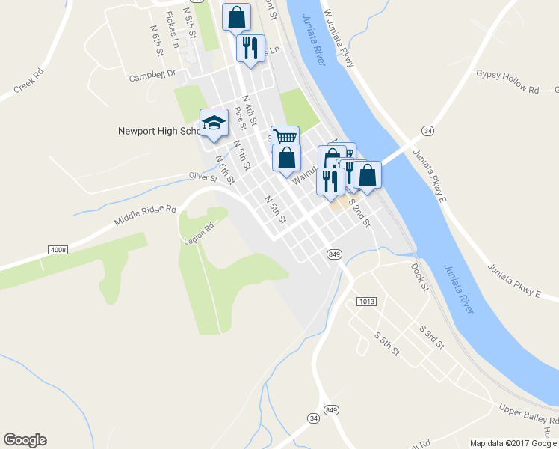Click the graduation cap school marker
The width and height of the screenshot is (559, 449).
(x=214, y=124)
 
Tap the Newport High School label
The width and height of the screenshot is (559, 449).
(x=158, y=131)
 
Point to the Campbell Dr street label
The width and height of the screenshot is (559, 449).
(x=152, y=76)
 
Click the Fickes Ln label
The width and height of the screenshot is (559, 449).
(x=173, y=28)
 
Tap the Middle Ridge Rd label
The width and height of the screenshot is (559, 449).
(x=145, y=218)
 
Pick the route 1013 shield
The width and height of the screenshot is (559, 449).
(x=365, y=301)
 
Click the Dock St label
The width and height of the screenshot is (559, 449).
(x=419, y=276)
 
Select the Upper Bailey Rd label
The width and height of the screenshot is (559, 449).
(x=527, y=416)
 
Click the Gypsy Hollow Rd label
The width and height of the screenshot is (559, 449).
(x=507, y=82)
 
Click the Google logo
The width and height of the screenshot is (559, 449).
(x=25, y=440)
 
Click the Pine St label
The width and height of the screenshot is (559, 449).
(x=240, y=117)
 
